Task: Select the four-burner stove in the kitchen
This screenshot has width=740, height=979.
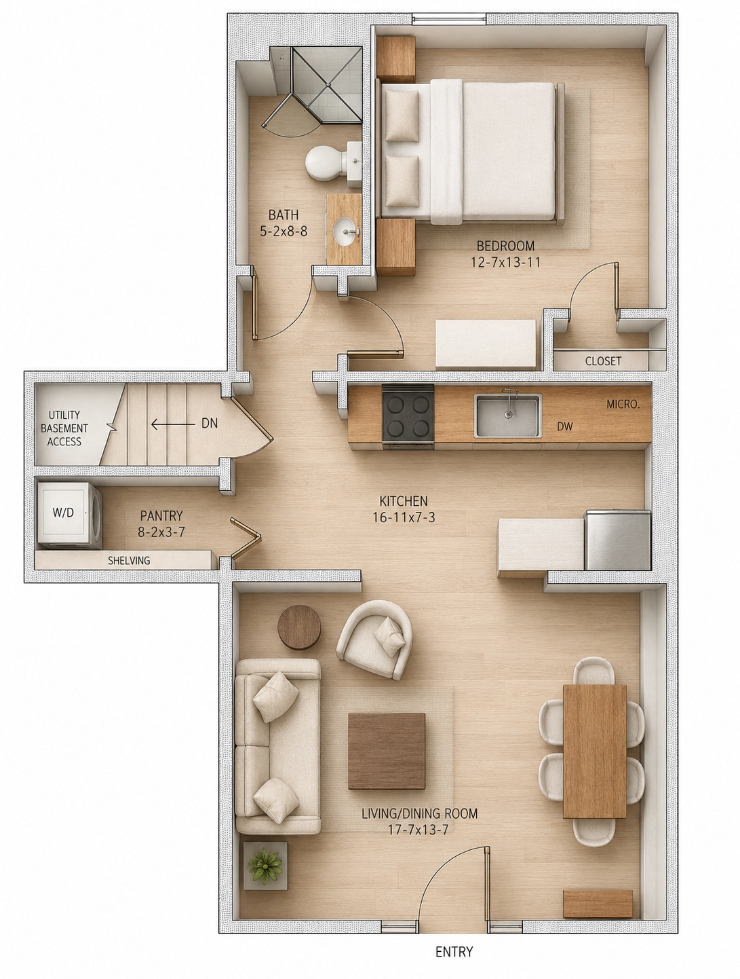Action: point(408,416)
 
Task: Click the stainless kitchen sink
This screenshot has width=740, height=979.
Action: point(507,415)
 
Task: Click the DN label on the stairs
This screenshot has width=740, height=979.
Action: point(210,423)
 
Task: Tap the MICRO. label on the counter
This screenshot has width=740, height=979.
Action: point(623,405)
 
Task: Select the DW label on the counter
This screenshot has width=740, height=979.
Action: point(564,426)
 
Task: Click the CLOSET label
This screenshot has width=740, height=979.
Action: point(603,361)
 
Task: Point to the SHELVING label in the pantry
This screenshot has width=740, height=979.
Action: point(129,561)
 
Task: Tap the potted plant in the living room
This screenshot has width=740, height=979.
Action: point(265,866)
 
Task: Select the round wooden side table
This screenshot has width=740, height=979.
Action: point(299,627)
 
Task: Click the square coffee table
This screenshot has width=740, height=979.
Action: point(386,751)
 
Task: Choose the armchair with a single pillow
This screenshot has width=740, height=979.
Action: point(374,639)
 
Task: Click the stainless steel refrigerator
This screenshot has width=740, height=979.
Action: point(617,540)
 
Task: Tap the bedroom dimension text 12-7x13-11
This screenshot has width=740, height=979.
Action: point(506,262)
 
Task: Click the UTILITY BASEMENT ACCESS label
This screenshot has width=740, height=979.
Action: point(64,428)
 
